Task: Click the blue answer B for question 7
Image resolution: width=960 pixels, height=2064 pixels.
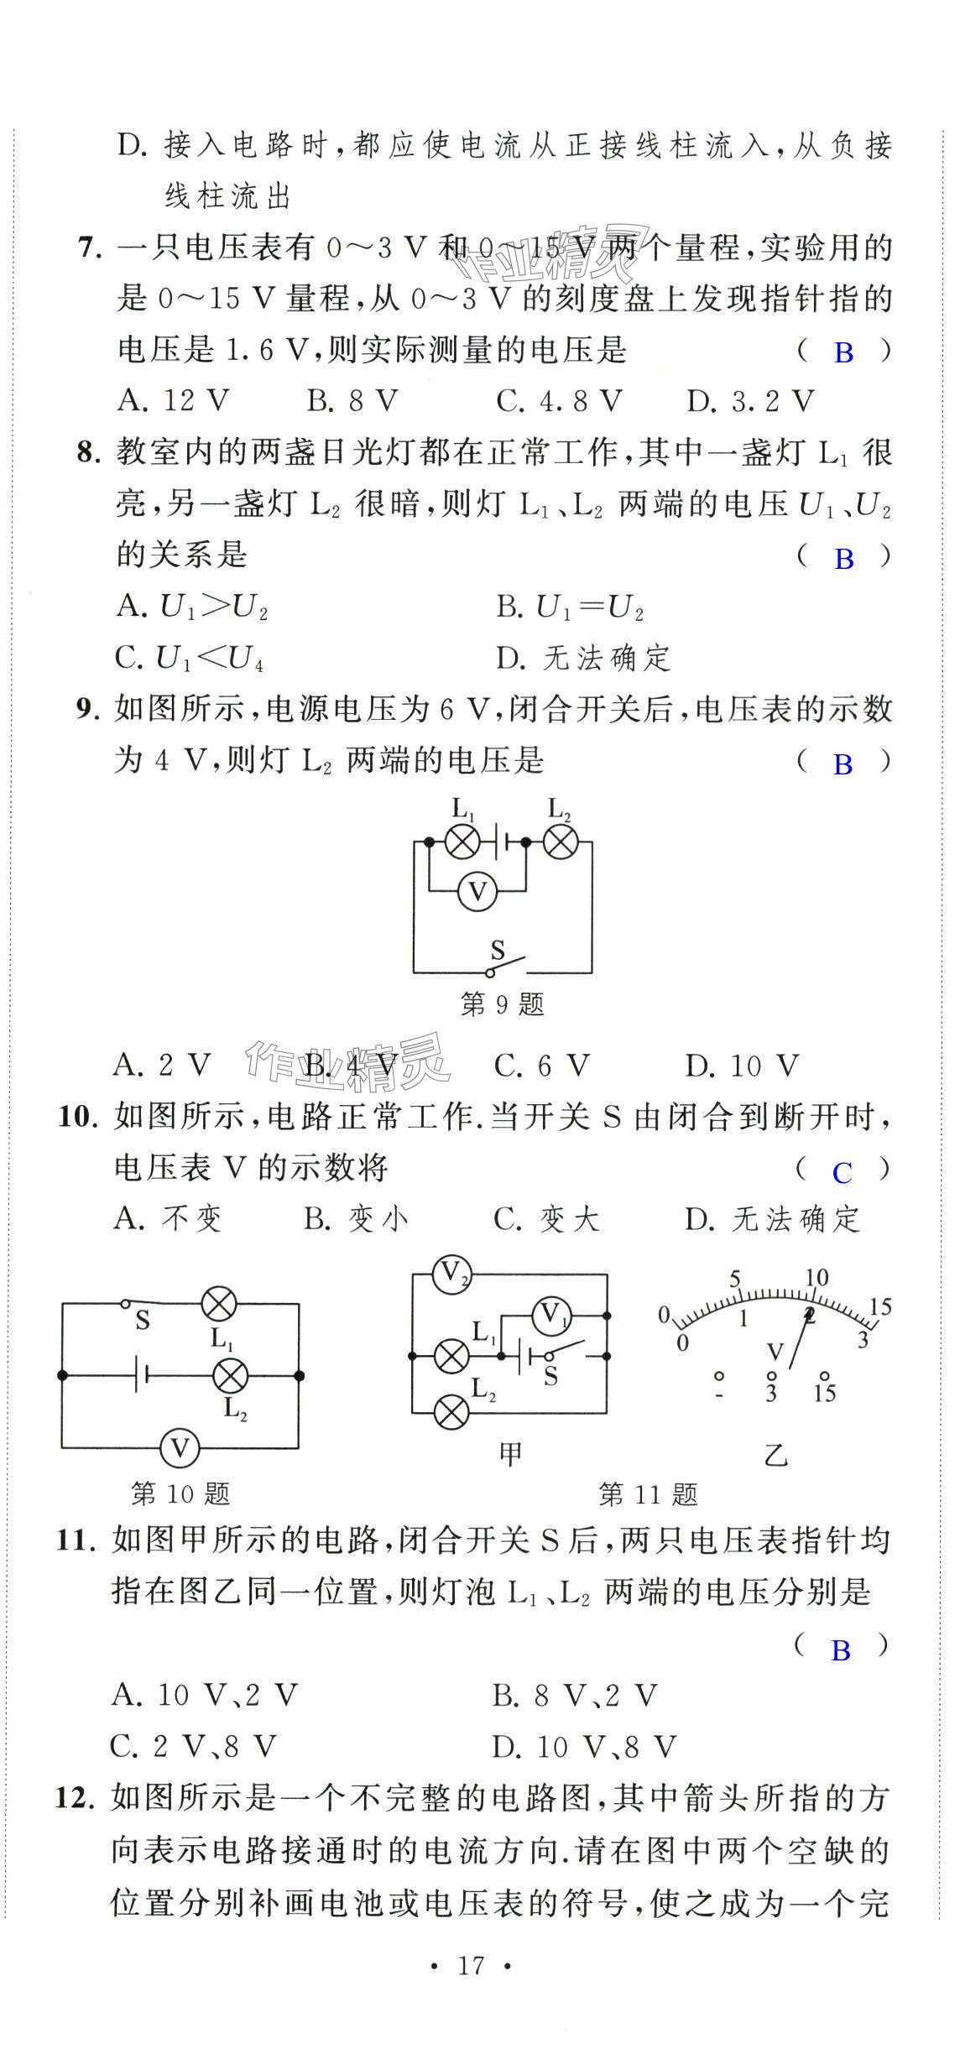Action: click(843, 353)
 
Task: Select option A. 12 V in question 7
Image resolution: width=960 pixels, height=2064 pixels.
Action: click(173, 401)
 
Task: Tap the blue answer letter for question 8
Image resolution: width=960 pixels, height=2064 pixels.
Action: click(843, 559)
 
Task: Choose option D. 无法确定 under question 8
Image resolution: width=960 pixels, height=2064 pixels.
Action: click(583, 658)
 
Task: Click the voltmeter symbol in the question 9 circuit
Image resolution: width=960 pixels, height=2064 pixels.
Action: click(477, 891)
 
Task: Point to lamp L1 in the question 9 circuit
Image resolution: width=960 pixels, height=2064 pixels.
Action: click(462, 842)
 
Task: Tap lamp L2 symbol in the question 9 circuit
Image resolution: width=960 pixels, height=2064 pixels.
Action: click(561, 842)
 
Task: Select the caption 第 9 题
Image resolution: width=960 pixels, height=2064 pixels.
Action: click(502, 1004)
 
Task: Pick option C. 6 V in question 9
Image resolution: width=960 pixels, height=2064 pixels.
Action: click(541, 1066)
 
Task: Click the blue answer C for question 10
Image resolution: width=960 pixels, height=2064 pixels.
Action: click(842, 1173)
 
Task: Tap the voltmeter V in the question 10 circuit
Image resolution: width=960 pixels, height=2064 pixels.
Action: click(180, 1448)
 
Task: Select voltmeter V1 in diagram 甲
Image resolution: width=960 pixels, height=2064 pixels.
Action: click(551, 1315)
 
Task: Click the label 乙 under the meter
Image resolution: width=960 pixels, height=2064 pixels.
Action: click(775, 1455)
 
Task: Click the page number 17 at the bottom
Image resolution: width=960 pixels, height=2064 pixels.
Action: click(471, 1965)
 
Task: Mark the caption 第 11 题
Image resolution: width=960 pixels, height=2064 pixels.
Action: click(647, 1494)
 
